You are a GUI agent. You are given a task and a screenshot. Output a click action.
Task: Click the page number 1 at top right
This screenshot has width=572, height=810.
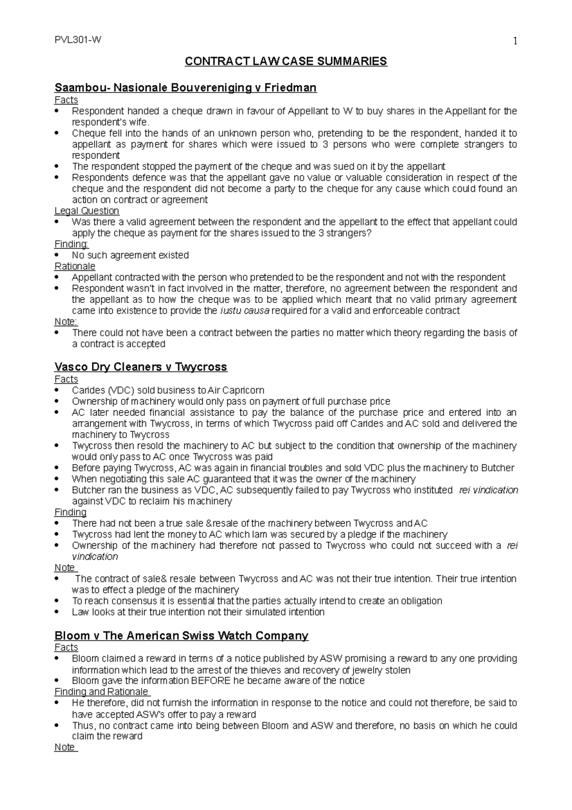514,42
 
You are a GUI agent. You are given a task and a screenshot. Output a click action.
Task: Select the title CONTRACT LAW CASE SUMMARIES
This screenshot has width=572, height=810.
286,62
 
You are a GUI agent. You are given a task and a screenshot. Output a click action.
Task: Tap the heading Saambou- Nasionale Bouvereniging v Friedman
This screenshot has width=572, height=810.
185,88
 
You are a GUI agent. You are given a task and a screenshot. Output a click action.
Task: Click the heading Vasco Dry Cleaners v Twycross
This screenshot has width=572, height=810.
141,367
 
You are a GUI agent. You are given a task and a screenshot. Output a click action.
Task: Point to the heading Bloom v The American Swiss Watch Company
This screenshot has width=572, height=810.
182,636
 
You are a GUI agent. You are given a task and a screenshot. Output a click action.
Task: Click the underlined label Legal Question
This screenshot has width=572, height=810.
87,211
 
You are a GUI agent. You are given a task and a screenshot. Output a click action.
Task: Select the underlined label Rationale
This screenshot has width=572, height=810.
75,266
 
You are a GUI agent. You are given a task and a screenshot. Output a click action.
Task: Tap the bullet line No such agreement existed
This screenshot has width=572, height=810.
130,255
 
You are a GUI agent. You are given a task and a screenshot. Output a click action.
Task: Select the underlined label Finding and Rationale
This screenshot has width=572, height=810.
102,692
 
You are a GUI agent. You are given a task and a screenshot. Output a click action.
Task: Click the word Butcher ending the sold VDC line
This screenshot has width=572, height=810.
498,467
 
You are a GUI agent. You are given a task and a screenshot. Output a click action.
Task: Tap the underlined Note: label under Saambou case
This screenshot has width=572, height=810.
66,322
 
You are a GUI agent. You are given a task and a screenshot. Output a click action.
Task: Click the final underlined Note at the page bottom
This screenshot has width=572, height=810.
65,747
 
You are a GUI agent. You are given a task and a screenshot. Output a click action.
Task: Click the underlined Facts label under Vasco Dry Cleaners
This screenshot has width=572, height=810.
66,379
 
